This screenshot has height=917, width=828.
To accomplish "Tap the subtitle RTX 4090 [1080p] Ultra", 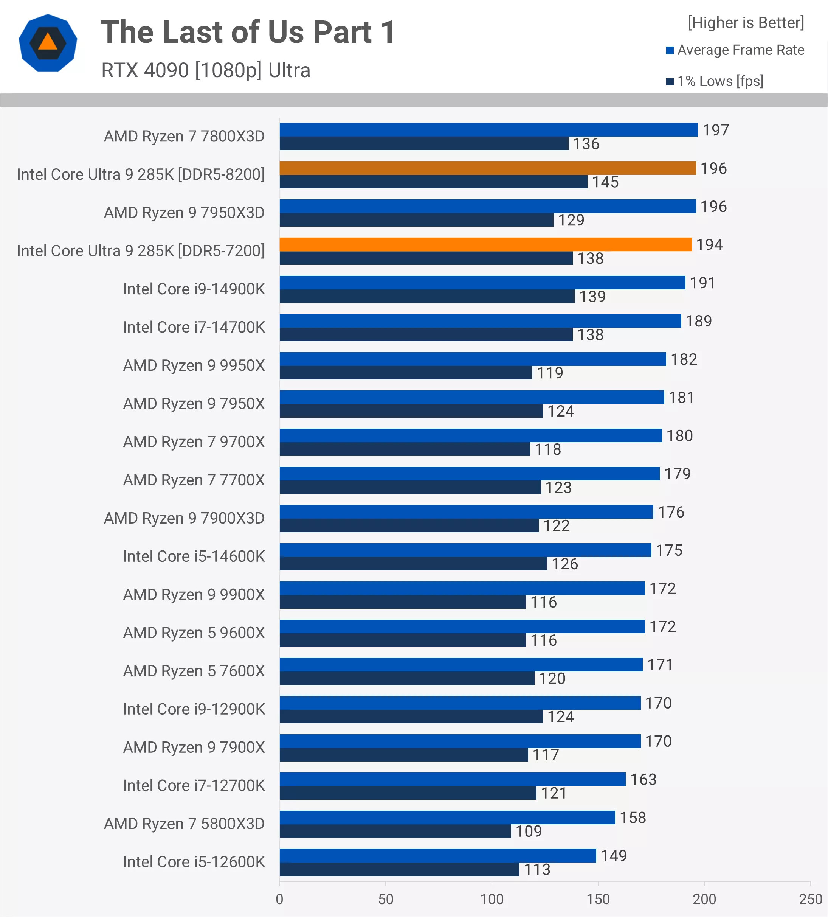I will pos(206,70).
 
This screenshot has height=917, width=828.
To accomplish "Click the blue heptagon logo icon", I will pos(48,43).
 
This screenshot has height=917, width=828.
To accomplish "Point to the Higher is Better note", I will pos(746,23).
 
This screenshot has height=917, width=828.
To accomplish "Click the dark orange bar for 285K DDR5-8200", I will pos(487,168).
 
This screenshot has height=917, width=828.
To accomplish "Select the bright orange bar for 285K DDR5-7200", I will pos(485,244).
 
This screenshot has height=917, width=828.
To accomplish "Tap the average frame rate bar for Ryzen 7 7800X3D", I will pos(488,130).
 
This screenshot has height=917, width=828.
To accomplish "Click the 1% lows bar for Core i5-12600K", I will pos(399,869).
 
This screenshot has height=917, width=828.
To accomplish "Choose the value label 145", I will pos(605,182).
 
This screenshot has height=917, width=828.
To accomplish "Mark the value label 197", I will pos(716,130).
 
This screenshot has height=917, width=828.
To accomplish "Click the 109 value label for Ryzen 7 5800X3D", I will pos(528,832).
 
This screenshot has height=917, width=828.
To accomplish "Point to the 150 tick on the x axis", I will pos(598,899).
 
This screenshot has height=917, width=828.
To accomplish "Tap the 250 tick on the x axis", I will pos(810,899).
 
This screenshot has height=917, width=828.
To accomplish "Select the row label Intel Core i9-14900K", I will pos(194,289).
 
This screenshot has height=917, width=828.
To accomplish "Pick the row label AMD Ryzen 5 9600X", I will pos(194,633).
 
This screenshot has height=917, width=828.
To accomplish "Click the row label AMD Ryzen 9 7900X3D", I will pos(184,518).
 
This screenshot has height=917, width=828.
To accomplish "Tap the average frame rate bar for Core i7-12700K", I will pos(453,779).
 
